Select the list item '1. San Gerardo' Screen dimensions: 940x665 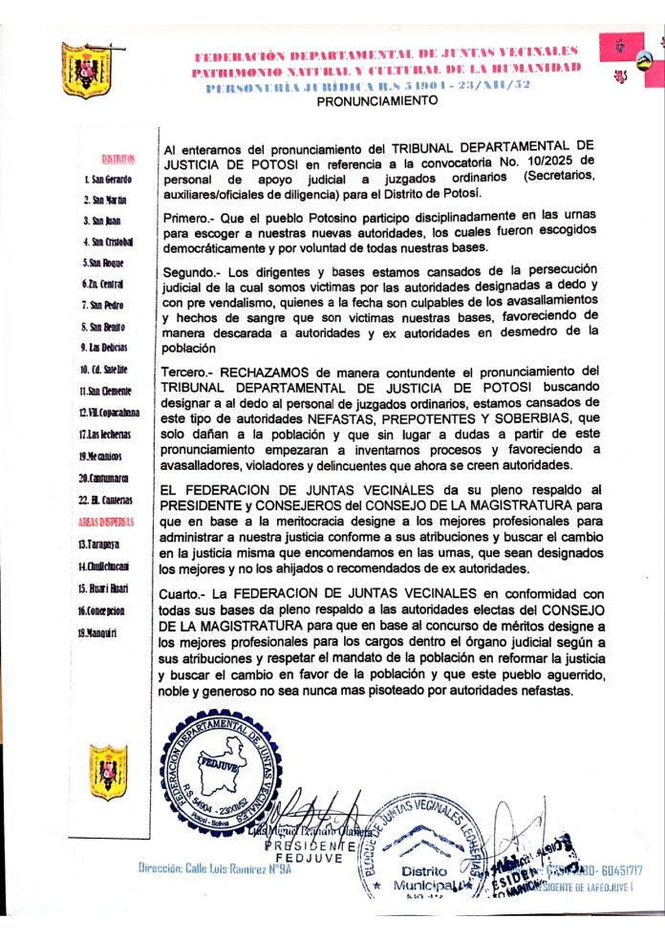(x=115, y=179)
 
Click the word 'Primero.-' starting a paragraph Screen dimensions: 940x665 (x=194, y=217)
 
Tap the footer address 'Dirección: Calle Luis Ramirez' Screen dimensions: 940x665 (x=214, y=867)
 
